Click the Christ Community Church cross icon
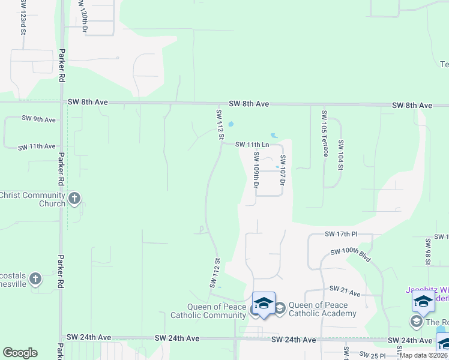coord(74,199)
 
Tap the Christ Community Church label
coord(32,199)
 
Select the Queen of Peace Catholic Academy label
coord(322,309)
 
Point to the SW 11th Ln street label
coord(252,145)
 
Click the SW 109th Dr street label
coord(256,169)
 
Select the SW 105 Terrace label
coord(325,133)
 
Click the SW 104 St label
coord(340,155)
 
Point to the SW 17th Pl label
coord(341,233)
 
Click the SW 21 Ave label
coord(345,291)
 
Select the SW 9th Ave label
coord(38,119)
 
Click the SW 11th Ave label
coord(37,146)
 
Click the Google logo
coord(20,353)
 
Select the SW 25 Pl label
coord(374,356)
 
